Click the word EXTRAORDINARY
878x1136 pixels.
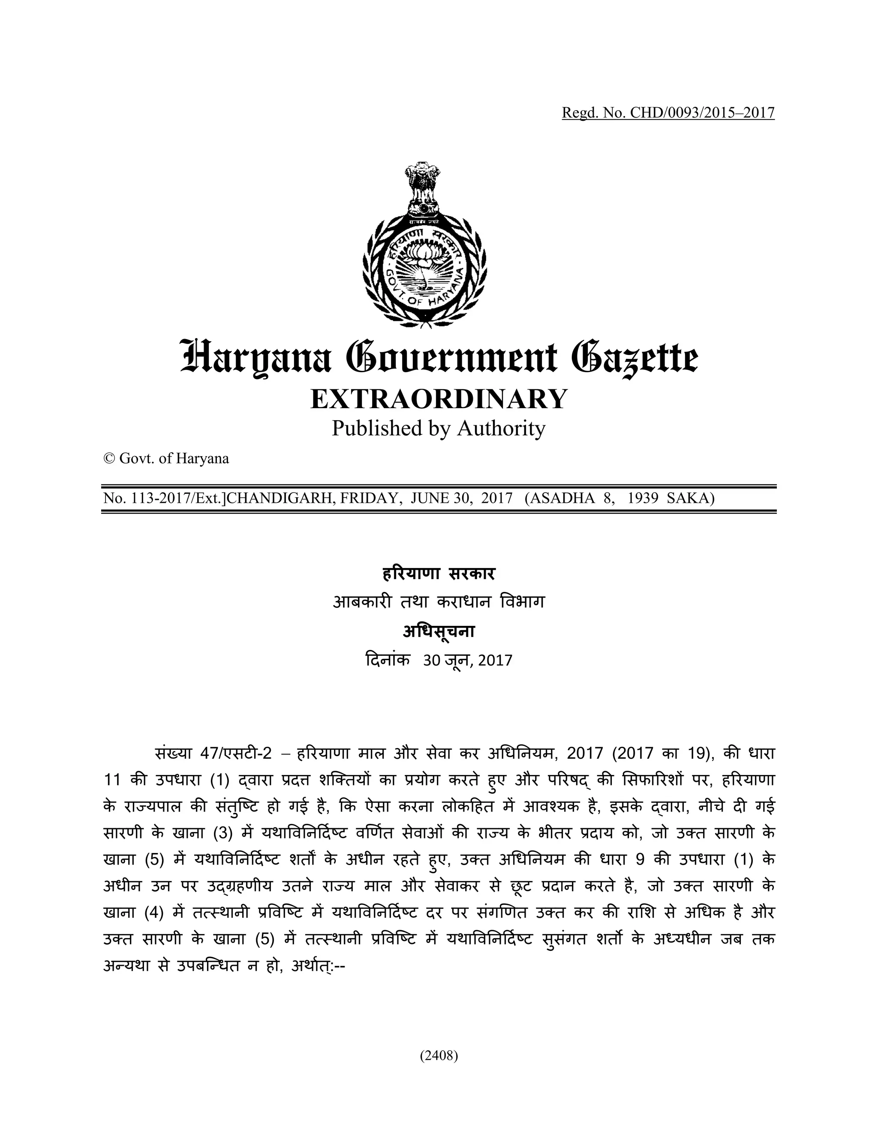(x=439, y=399)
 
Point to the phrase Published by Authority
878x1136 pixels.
(x=439, y=429)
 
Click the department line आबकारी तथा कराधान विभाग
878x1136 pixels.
(x=439, y=602)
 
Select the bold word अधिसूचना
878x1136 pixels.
(x=439, y=631)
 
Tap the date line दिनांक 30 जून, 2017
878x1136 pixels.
(x=439, y=660)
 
